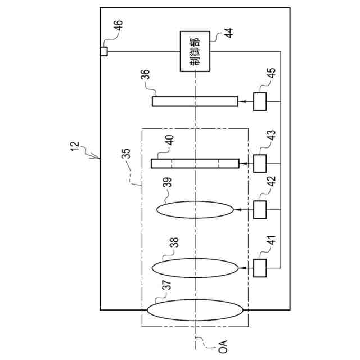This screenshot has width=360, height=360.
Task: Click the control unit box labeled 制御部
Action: point(195,51)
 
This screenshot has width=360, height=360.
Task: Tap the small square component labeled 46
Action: point(103,51)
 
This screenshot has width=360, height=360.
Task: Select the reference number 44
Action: point(228,33)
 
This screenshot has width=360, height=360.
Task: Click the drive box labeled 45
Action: point(260,102)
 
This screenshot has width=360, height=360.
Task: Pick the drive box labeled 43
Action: point(260,164)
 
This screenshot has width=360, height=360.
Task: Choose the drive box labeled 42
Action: point(260,210)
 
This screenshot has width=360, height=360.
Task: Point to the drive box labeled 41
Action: point(260,268)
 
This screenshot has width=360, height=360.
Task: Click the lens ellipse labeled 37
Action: point(195,310)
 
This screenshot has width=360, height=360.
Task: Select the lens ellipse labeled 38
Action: point(195,268)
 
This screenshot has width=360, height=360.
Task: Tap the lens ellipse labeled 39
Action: point(195,210)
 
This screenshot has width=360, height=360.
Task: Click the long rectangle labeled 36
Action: point(195,101)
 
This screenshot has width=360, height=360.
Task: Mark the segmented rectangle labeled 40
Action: point(195,164)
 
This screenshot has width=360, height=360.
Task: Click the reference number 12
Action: point(75,146)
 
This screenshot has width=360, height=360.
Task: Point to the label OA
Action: point(223,346)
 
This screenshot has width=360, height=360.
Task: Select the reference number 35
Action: point(126,154)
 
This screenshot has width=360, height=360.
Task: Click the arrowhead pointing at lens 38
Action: point(241,268)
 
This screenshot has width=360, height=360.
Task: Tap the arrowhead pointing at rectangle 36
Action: point(241,101)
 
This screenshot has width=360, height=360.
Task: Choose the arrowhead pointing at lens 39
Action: point(236,210)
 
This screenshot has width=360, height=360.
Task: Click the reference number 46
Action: point(119,25)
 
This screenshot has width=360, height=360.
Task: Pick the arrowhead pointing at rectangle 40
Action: point(242,164)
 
